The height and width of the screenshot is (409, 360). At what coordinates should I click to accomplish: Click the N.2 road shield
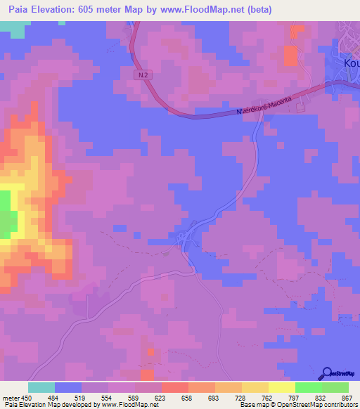pos(143,73)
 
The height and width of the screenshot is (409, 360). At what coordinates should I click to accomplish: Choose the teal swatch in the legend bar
pos(41,387)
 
